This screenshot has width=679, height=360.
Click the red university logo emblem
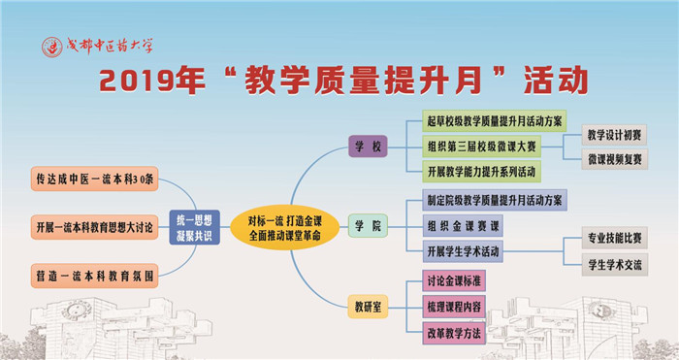click(52, 47)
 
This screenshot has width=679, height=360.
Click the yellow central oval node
click(284, 227)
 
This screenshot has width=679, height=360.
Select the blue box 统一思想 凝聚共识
click(194, 227)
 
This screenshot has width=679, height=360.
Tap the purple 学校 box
click(368, 147)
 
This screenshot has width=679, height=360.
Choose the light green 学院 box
click(368, 226)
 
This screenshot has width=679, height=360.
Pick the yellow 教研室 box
click(368, 307)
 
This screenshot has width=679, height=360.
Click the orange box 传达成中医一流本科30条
click(94, 179)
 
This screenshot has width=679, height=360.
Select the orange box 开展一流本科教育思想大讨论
click(94, 227)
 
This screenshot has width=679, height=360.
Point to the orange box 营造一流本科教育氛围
click(94, 276)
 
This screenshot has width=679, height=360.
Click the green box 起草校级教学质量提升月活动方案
click(494, 121)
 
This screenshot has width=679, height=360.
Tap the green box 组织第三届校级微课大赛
click(481, 147)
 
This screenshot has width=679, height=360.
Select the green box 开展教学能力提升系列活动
click(481, 172)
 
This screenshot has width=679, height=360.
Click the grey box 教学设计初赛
click(614, 135)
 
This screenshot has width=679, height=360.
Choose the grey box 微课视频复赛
click(614, 159)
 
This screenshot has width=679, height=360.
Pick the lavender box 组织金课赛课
click(463, 226)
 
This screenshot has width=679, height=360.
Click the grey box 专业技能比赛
click(614, 238)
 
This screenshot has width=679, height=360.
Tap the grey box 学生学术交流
click(614, 265)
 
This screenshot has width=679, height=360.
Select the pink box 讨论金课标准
click(454, 280)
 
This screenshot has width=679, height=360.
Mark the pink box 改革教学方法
click(454, 333)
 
